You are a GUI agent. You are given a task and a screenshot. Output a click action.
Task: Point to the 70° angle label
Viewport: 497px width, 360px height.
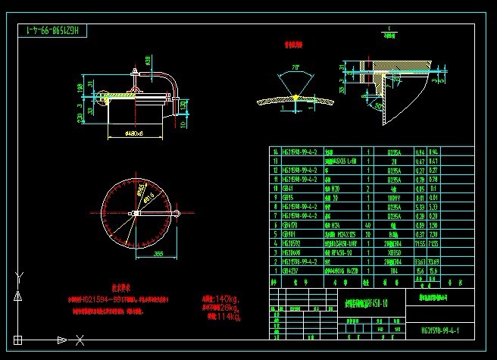295,67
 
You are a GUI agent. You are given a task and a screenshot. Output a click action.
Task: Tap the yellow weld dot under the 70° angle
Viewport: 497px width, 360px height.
294,99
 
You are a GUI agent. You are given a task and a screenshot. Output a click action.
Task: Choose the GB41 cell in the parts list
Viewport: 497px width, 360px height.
287,187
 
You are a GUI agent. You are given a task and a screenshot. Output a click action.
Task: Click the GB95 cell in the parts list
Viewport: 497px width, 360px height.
287,196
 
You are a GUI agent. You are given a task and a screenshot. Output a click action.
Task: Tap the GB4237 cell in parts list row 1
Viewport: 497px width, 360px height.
289,270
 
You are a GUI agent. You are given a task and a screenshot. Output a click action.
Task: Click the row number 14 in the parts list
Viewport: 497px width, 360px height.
275,151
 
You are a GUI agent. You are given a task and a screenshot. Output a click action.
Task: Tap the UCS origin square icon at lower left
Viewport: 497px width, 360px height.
17,340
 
